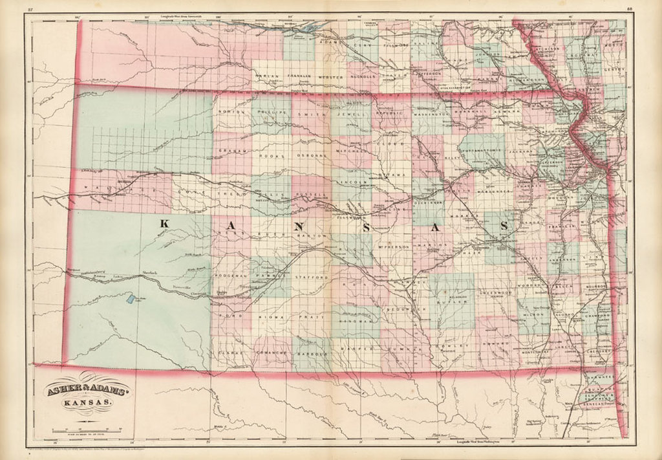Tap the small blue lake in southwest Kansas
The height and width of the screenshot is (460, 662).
click(130, 299)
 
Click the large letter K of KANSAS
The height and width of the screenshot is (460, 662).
click(164, 224)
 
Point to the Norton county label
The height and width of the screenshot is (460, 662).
click(232, 112)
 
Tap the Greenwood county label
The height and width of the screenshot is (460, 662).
click(495, 293)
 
